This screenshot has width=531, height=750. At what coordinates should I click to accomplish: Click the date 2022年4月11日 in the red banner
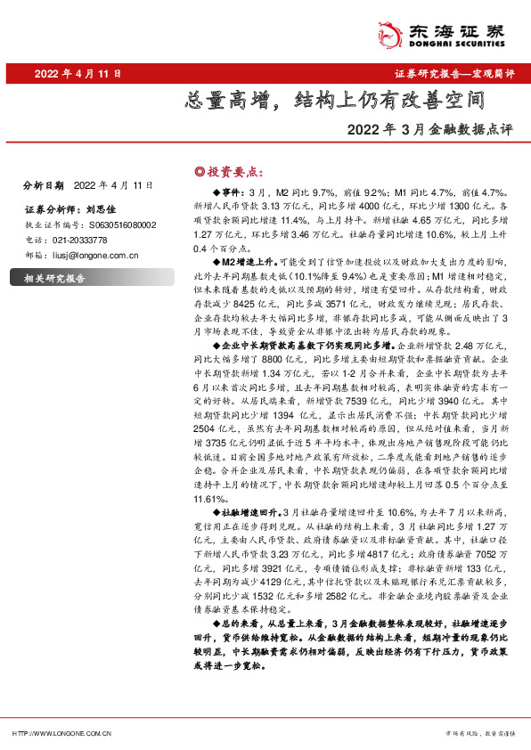78,74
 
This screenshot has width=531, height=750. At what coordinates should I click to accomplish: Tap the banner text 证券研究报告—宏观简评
453,74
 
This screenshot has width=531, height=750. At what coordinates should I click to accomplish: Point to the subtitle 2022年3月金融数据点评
432,129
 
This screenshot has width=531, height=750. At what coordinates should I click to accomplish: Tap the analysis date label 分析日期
44,185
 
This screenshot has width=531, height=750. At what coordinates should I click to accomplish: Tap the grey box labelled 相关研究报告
53,280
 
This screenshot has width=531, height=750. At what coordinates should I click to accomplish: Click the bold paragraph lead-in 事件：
228,192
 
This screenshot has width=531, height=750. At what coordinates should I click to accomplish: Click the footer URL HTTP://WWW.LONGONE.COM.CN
61,733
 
